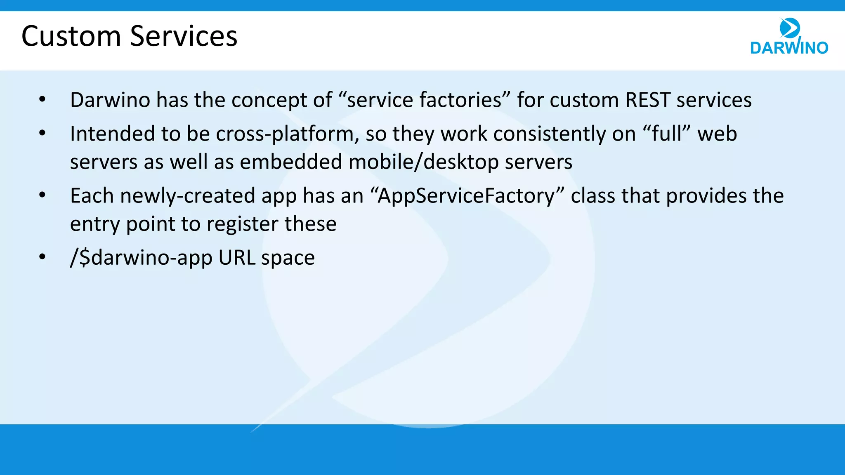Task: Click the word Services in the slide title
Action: click(x=184, y=36)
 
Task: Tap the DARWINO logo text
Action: click(x=789, y=48)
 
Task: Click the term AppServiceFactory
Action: click(x=467, y=196)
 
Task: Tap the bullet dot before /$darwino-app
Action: click(x=42, y=257)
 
